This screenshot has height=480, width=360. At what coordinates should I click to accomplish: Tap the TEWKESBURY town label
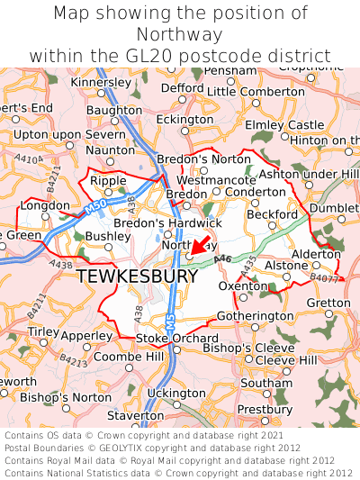click(x=138, y=276)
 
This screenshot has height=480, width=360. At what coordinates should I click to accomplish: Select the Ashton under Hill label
click(x=309, y=174)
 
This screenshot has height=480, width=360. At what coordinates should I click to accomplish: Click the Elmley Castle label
click(x=284, y=125)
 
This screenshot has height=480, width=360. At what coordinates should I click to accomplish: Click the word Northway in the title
click(x=179, y=34)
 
